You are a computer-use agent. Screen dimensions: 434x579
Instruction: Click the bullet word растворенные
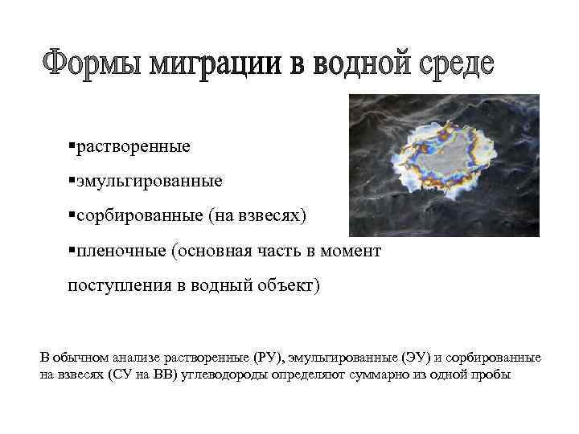coord(133,147)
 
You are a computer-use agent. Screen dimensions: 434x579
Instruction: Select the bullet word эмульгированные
coord(149,182)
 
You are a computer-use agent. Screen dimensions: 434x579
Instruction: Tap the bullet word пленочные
coord(121,251)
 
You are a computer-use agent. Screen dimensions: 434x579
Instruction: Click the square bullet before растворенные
coord(72,145)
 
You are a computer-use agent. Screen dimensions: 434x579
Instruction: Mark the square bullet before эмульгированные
coord(72,180)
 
